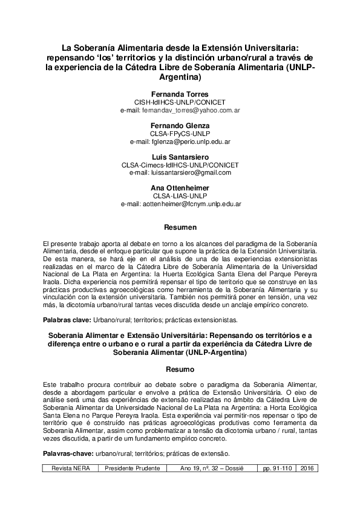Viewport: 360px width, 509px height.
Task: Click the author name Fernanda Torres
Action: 180,96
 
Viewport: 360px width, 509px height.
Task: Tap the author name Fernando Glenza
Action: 180,125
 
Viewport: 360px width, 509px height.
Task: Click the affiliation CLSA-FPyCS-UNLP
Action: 180,133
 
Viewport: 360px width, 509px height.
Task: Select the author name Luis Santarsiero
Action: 180,157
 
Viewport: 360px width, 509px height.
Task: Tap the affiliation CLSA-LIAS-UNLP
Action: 180,196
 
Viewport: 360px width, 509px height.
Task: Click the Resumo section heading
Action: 180,368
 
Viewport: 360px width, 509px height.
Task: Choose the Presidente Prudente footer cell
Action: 133,468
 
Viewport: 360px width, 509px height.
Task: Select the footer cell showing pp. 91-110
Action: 275,468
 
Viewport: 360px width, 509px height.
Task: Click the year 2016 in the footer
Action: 307,468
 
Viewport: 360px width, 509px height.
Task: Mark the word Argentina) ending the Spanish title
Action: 180,78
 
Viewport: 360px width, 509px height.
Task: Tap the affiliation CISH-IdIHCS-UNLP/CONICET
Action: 180,103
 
